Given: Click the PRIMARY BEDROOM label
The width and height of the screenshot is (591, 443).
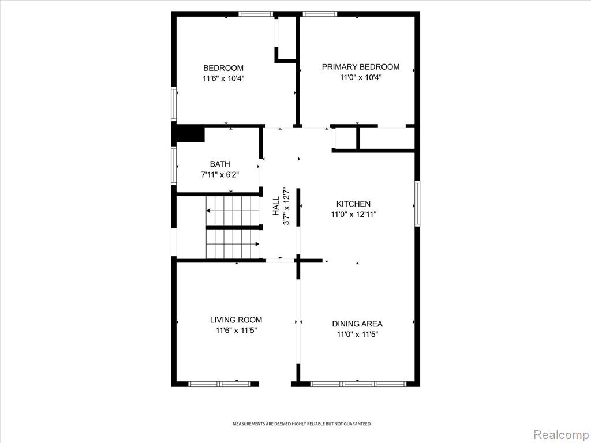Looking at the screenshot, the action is click(360, 67).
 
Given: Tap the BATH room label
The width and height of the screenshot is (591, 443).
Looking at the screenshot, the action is click(220, 164).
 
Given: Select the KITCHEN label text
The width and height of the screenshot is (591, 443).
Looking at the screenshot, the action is click(353, 204).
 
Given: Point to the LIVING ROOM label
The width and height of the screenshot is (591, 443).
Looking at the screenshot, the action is click(236, 320).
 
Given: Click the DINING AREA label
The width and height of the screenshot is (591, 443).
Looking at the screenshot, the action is click(357, 324).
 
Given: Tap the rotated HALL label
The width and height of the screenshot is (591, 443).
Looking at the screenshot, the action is click(276, 206).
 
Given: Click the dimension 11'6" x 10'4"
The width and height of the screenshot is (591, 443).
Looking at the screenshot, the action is click(223, 78).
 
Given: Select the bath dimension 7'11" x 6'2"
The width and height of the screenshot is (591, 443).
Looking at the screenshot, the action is click(220, 175).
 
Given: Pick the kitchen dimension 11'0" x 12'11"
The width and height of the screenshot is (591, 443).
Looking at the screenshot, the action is click(354, 215).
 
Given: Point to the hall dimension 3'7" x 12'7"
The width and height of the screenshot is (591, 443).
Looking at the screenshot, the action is click(286, 206).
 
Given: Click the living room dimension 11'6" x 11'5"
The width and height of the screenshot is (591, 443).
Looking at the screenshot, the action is click(236, 331).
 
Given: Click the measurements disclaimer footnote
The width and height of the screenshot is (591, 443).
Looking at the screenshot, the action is click(301, 424).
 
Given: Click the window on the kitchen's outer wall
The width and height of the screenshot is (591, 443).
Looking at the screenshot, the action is click(417, 204).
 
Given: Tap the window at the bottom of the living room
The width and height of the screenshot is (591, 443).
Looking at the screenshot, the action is click(219, 384).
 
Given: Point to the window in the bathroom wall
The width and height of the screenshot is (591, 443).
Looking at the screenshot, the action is click(174, 166).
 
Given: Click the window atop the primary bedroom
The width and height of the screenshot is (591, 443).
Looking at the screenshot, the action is click(320, 14).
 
